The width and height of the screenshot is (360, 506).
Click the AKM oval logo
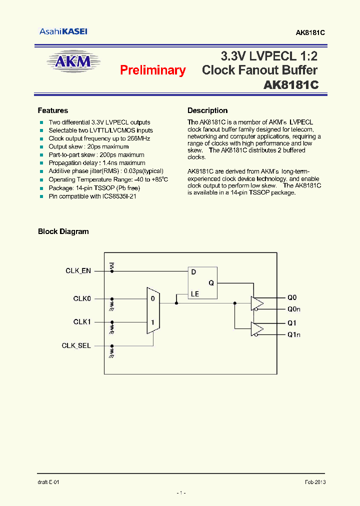(x=74, y=62)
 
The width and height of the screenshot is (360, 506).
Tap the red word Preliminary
(x=152, y=70)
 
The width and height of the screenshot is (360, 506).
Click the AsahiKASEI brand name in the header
(x=63, y=31)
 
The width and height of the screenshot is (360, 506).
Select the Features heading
(x=53, y=110)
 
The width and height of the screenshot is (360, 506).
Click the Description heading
(x=207, y=110)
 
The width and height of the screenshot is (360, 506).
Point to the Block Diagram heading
(x=63, y=231)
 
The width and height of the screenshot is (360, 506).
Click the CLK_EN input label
(x=78, y=270)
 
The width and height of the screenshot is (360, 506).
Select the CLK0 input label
(x=82, y=298)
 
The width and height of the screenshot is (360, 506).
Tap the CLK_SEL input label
(x=76, y=345)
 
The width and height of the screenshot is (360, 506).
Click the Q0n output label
(x=293, y=309)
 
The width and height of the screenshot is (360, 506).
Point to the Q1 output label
(x=292, y=322)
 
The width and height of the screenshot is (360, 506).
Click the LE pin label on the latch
(x=195, y=294)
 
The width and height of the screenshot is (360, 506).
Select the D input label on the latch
(x=192, y=272)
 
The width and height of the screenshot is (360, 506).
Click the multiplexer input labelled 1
(x=152, y=322)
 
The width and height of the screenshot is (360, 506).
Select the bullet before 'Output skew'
(x=42, y=147)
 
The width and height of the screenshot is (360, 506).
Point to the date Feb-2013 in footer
(x=315, y=482)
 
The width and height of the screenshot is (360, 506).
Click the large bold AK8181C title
(x=291, y=85)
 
